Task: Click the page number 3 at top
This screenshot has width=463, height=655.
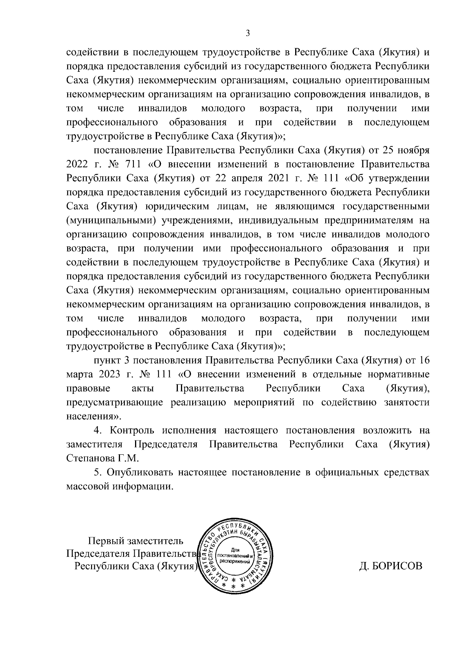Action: pos(248,34)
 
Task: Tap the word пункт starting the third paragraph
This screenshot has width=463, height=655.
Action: pos(107,361)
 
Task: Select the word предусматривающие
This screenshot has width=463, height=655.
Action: pos(115,403)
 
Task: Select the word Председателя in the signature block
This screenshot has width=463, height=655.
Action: pos(98,554)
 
